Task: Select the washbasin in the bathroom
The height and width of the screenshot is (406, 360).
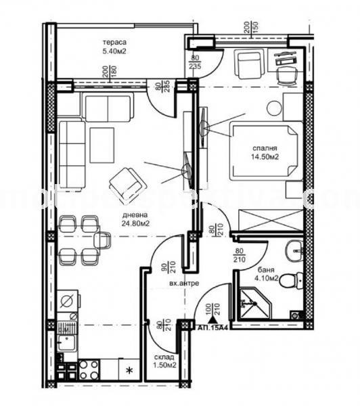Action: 293,250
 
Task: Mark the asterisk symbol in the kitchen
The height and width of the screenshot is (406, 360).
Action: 129,370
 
